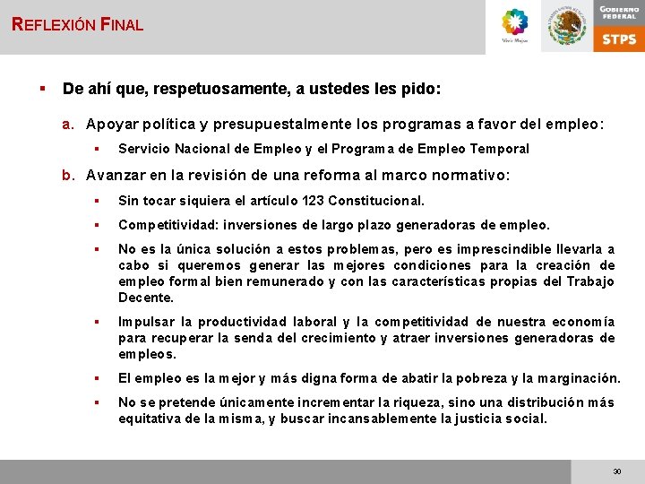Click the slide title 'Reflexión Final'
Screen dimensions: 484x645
click(78, 24)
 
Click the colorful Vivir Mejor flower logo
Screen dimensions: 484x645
click(515, 23)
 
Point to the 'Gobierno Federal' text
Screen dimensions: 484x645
click(619, 12)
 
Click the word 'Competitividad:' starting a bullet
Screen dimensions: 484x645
click(167, 225)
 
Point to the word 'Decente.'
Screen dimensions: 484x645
click(146, 298)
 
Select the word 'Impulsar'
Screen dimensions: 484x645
click(148, 322)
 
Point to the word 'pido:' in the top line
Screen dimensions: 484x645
click(423, 90)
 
